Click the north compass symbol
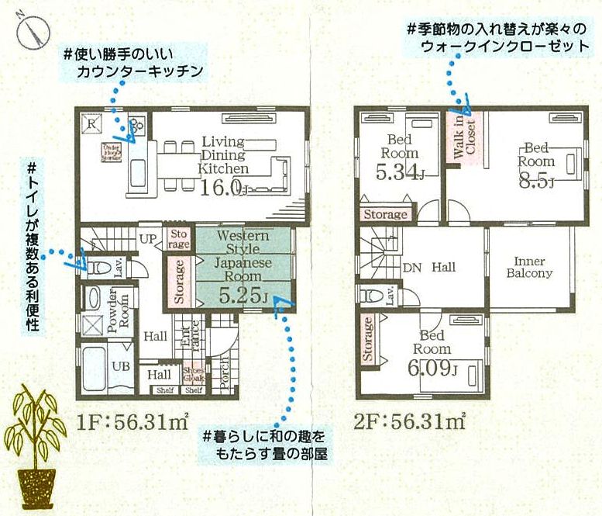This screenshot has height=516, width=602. [29, 30]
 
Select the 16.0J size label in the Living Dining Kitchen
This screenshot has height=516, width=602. [224, 188]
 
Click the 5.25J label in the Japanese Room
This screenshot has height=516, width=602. [243, 295]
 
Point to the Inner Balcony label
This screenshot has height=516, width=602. [529, 268]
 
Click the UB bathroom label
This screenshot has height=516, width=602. [120, 366]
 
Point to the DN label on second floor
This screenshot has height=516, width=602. [412, 268]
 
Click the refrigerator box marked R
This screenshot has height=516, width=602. [91, 123]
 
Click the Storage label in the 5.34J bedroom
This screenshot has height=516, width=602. [385, 214]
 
